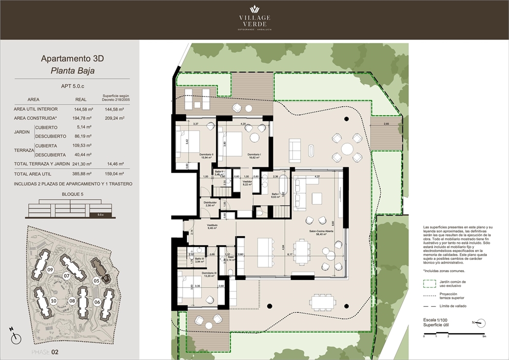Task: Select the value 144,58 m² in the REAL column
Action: (x=84, y=109)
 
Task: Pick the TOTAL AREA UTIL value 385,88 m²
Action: (x=84, y=174)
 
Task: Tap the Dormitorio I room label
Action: (x=254, y=156)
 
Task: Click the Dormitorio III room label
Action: (x=208, y=274)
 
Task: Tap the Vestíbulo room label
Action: (x=212, y=226)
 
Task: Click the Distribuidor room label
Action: (x=209, y=203)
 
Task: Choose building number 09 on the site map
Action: (x=50, y=270)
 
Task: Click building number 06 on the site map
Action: (x=97, y=302)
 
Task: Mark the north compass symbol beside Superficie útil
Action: (x=481, y=323)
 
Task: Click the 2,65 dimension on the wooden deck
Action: (x=386, y=124)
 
